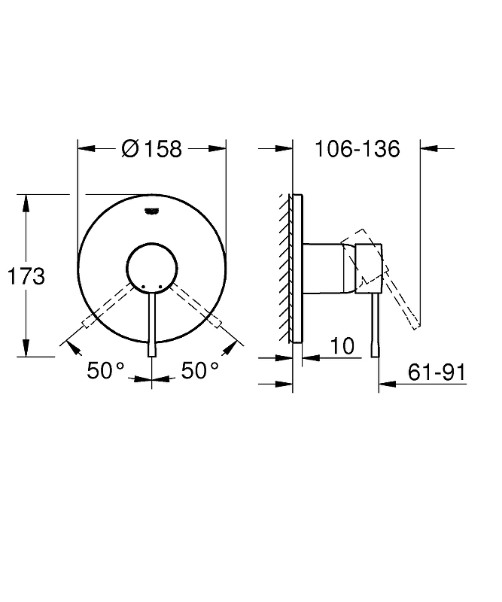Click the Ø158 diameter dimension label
click(x=151, y=148)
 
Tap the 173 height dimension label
click(x=26, y=276)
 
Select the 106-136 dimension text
click(x=357, y=148)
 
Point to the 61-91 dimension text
click(x=437, y=372)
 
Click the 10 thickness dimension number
click(x=342, y=346)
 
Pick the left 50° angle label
click(x=105, y=370)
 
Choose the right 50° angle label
click(x=199, y=370)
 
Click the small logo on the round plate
click(x=152, y=211)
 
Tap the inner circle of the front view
click(x=152, y=242)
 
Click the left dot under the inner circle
click(x=144, y=287)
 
